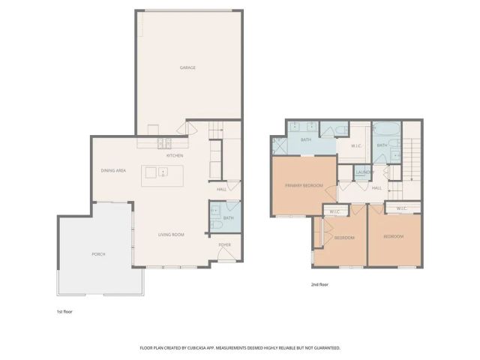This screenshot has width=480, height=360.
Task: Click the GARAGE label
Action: [187, 68]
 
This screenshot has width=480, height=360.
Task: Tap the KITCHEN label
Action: [175, 156]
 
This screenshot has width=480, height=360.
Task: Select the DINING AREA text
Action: [113, 171]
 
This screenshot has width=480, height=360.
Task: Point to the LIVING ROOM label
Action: [171, 235]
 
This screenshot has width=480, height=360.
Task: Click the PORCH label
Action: [99, 254]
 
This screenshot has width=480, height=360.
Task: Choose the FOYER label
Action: [224, 244]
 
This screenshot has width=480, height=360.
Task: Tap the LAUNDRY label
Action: [365, 173]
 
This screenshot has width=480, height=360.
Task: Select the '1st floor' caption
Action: [65, 310]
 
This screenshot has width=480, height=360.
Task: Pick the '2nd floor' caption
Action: [320, 285]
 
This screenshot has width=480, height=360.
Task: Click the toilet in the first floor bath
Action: [216, 223]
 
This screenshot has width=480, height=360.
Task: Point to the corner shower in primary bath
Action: [279, 144]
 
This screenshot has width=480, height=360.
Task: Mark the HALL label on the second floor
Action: [377, 187]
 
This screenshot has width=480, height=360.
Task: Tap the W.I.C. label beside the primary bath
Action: [357, 146]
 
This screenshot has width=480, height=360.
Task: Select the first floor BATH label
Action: [229, 218]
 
